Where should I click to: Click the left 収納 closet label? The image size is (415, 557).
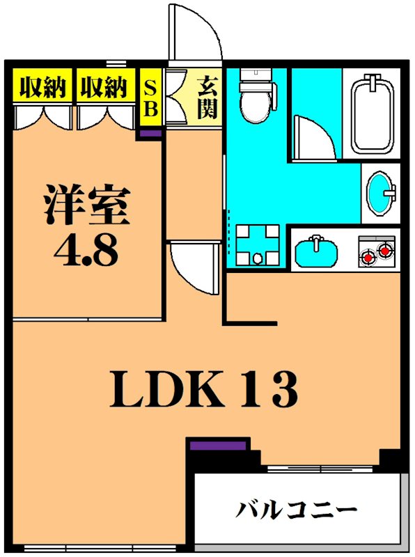tap(42, 88)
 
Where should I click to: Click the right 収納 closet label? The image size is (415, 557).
tap(103, 88)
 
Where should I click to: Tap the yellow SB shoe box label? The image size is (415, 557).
tap(150, 99)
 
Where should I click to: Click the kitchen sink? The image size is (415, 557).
tap(317, 251)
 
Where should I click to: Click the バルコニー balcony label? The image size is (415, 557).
tap(295, 510)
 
